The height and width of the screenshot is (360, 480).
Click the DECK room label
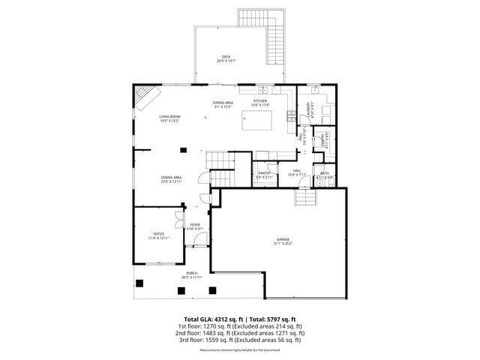tap(226, 57)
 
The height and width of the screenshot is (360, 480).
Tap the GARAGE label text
tap(283, 239)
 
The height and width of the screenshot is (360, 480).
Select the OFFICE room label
tap(158, 234)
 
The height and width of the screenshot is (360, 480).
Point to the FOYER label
tap(195, 224)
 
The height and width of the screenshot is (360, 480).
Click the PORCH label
tap(192, 273)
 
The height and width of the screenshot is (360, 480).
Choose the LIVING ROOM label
tap(169, 116)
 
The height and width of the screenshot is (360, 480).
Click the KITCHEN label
tap(260, 100)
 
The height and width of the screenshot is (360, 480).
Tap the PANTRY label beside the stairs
tap(264, 172)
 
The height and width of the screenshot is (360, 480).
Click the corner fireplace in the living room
tap(146, 96)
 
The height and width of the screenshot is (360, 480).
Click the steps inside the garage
tap(304, 199)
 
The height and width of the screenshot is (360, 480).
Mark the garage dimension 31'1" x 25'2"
tap(283, 244)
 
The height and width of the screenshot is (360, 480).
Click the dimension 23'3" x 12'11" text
tap(170, 181)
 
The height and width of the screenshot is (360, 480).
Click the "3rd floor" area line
tap(240, 339)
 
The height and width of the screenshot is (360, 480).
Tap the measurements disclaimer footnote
tap(240, 350)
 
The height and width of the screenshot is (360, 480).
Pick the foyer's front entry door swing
tap(196, 240)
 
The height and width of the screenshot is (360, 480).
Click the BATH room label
tap(324, 173)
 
